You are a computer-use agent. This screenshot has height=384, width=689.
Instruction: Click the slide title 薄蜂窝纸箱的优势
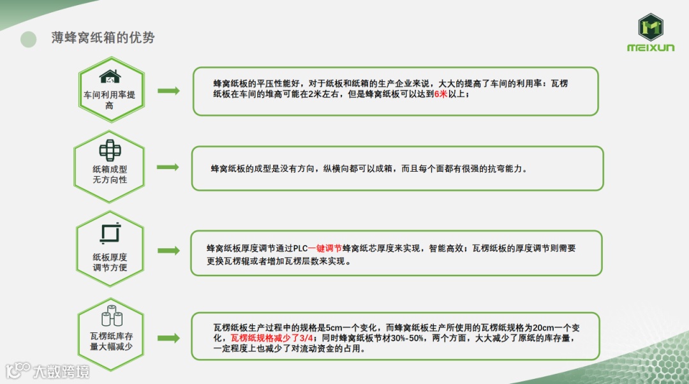click(103, 38)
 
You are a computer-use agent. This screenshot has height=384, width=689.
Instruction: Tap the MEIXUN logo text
click(651, 48)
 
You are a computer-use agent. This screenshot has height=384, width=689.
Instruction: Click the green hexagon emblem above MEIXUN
click(651, 27)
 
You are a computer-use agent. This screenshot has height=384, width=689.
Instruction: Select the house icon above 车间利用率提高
click(110, 77)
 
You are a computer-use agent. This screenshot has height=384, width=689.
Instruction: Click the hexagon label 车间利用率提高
click(110, 100)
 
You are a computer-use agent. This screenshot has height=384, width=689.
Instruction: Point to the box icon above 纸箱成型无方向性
click(110, 151)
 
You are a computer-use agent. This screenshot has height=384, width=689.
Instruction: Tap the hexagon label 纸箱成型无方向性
click(110, 174)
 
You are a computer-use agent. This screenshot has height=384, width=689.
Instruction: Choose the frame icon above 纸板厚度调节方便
click(110, 233)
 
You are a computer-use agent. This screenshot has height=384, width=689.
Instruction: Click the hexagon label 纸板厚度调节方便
click(110, 262)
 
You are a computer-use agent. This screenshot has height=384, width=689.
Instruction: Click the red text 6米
click(440, 94)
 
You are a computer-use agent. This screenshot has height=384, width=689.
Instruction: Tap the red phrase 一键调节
click(325, 249)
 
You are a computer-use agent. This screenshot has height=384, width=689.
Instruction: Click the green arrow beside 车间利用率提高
click(168, 91)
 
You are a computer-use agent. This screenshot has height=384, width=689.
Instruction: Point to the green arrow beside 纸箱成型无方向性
click(168, 167)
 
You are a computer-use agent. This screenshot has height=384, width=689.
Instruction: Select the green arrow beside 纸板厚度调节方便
click(168, 251)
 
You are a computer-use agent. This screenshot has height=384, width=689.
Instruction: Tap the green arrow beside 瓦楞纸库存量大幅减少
click(168, 338)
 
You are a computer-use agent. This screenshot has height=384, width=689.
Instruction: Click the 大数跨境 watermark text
click(61, 371)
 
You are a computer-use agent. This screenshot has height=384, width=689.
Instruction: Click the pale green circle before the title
click(29, 39)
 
